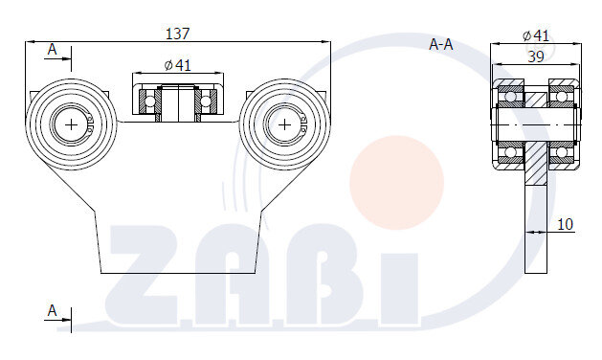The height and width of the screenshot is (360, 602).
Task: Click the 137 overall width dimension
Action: coord(177,34)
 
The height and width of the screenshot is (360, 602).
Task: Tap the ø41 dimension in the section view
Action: coord(536,35)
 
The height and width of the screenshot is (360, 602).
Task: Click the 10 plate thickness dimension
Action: coord(565,224)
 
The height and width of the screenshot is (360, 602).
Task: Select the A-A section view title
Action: coord(441,43)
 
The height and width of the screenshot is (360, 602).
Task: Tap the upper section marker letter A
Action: coord(52,48)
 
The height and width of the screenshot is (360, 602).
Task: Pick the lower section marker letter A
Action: coord(52,311)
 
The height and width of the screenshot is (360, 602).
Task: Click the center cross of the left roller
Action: coord(72,124)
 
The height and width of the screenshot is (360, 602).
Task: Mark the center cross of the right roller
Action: coord(284,124)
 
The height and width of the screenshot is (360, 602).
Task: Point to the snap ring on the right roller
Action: coord(301,124)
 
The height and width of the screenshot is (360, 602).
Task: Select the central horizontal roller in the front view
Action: coord(178,101)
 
